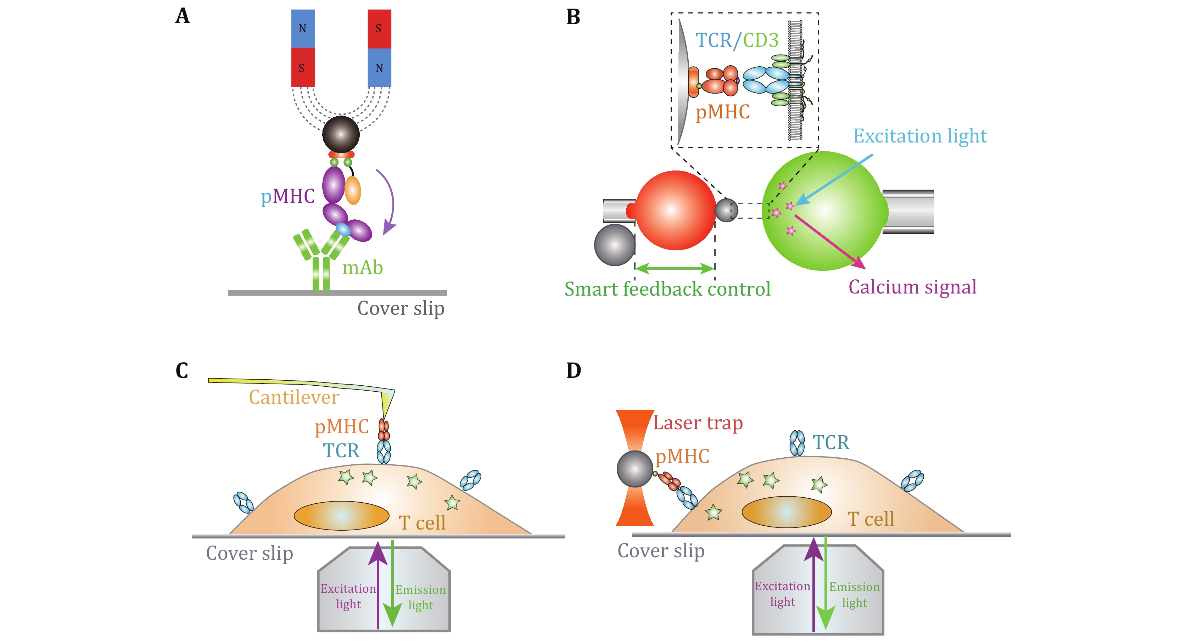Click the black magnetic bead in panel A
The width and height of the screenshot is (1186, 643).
[341, 134]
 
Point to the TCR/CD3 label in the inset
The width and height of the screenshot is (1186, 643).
[737, 40]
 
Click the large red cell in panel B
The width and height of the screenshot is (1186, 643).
[675, 210]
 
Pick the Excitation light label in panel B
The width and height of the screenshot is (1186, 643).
[919, 136]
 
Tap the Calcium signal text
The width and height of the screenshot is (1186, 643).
[912, 287]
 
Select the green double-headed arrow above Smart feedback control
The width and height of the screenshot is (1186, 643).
[675, 268]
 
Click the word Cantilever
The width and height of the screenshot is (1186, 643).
[294, 397]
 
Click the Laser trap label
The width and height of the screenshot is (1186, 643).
[698, 423]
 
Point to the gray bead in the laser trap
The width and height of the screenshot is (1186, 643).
[635, 469]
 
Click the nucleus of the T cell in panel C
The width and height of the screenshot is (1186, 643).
[341, 515]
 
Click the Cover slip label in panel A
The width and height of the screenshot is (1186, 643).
[401, 308]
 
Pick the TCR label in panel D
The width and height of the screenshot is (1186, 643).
[830, 442]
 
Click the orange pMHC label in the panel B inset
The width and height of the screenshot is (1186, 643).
[722, 112]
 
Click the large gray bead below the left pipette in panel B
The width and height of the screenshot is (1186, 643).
[615, 245]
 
